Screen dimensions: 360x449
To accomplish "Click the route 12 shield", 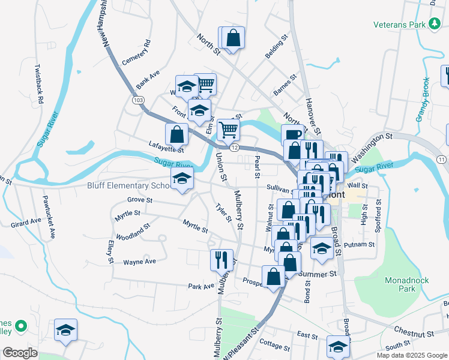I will (x=234, y=148).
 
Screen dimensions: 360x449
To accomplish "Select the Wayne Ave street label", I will (x=139, y=262).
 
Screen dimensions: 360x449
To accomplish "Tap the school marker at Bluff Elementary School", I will (x=182, y=178).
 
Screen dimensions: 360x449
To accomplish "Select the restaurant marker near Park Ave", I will (x=221, y=259).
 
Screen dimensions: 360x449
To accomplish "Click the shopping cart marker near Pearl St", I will (x=228, y=128).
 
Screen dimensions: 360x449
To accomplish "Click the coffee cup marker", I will (x=292, y=134).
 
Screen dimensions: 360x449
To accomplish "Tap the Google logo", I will (x=20, y=353).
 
